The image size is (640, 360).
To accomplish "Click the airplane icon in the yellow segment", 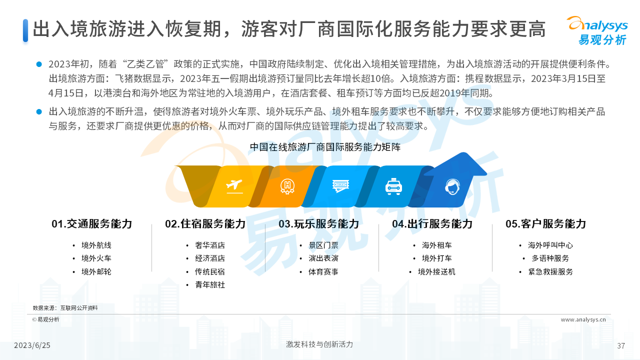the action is click(234, 186).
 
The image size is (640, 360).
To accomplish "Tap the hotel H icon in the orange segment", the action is click(287, 187).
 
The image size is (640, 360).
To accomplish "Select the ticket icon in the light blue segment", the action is click(340, 186).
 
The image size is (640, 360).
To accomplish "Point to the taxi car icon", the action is click(393, 186).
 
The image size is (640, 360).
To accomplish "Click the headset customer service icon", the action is click(452, 187).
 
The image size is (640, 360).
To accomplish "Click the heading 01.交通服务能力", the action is click(91, 223).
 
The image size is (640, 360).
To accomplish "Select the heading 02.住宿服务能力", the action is click(205, 223).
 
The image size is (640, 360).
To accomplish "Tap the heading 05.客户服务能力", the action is click(545, 223).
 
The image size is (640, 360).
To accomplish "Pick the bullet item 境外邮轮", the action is click(96, 271).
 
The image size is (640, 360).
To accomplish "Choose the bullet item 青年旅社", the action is click(210, 284).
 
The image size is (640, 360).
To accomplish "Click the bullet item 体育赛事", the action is click(323, 271).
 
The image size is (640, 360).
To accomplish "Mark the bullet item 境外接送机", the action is click(436, 271).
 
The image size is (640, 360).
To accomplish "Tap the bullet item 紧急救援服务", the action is click(550, 271).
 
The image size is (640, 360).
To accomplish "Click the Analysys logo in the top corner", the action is click(597, 30).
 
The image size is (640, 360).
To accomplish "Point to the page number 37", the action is click(621, 346).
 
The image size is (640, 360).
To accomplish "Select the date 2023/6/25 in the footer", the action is click(32, 345).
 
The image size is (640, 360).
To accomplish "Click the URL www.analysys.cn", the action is click(583, 319).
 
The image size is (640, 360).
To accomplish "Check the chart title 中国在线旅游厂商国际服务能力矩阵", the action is click(325, 147).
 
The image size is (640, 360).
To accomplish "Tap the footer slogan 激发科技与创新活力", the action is click(319, 344).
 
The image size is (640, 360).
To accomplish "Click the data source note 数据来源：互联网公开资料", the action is click(65, 307).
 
